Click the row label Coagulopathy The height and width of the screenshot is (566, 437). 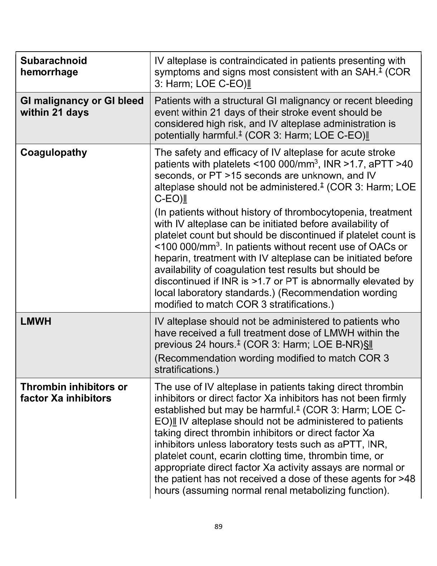54,152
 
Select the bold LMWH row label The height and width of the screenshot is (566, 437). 36,321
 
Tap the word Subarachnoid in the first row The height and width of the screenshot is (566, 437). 54,61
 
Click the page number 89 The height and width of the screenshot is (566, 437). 218,527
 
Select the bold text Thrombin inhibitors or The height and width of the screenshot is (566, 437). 74,387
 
